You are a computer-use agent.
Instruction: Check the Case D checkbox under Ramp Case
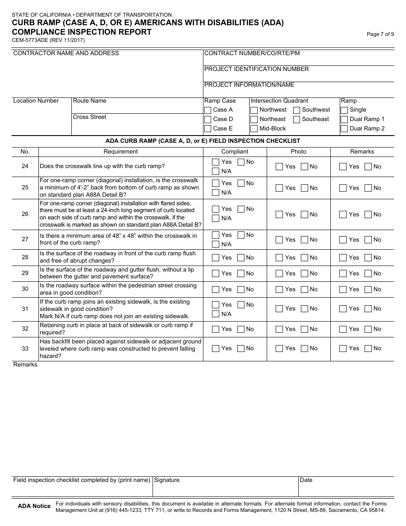tap(208, 119)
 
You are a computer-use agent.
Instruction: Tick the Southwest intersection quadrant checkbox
tap(297, 110)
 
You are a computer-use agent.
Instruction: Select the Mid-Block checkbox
tap(254, 129)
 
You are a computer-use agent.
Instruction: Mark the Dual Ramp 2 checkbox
tap(344, 129)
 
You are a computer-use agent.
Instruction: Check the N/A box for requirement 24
tap(216, 171)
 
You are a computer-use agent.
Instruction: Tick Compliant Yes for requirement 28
tap(216, 258)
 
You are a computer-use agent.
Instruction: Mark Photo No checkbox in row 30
tap(305, 290)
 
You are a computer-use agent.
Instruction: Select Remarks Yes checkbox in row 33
tap(343, 349)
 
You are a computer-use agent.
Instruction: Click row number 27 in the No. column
tap(25, 239)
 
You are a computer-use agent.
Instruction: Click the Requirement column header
tap(121, 151)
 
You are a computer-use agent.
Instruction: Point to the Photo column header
tap(298, 151)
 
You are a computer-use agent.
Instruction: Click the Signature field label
tap(167, 480)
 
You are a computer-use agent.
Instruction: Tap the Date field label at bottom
tap(306, 480)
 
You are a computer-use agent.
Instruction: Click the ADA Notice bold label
tap(34, 506)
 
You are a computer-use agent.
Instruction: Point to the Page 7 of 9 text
tap(380, 35)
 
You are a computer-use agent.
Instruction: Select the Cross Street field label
tap(90, 117)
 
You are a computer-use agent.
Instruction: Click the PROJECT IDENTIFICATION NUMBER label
tap(256, 69)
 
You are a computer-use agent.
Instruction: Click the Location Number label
tap(36, 101)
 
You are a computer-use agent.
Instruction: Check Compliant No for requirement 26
tap(241, 209)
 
